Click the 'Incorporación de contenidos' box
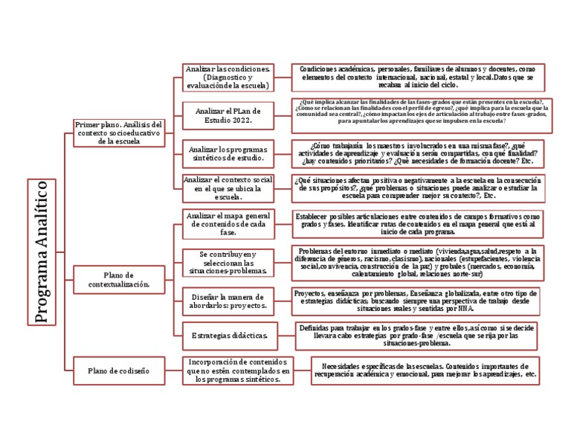pyautogui.click(x=233, y=370)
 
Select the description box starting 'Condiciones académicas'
pyautogui.click(x=418, y=77)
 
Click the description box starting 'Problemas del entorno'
pyautogui.click(x=418, y=262)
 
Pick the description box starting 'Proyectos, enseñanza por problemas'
pyautogui.click(x=418, y=299)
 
